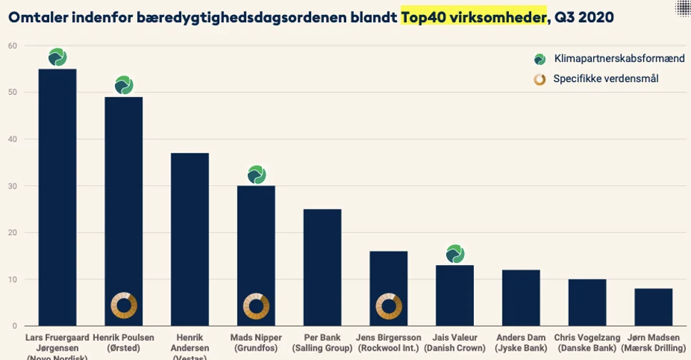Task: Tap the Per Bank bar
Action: [x=322, y=267]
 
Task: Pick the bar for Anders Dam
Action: [x=520, y=298]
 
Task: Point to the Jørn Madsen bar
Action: [x=653, y=307]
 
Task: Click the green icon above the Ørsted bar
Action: [x=123, y=86]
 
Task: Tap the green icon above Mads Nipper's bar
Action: [x=256, y=174]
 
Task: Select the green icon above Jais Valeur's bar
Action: [x=455, y=254]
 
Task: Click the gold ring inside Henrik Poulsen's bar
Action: [x=123, y=306]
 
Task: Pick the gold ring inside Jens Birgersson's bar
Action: [x=388, y=306]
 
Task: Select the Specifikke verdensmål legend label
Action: [x=605, y=79]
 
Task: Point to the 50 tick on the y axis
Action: [x=12, y=93]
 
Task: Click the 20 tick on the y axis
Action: [x=12, y=233]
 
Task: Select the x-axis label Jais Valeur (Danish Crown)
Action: [x=455, y=342]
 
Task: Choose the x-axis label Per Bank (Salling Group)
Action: [x=322, y=342]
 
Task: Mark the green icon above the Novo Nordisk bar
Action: [x=57, y=57]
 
